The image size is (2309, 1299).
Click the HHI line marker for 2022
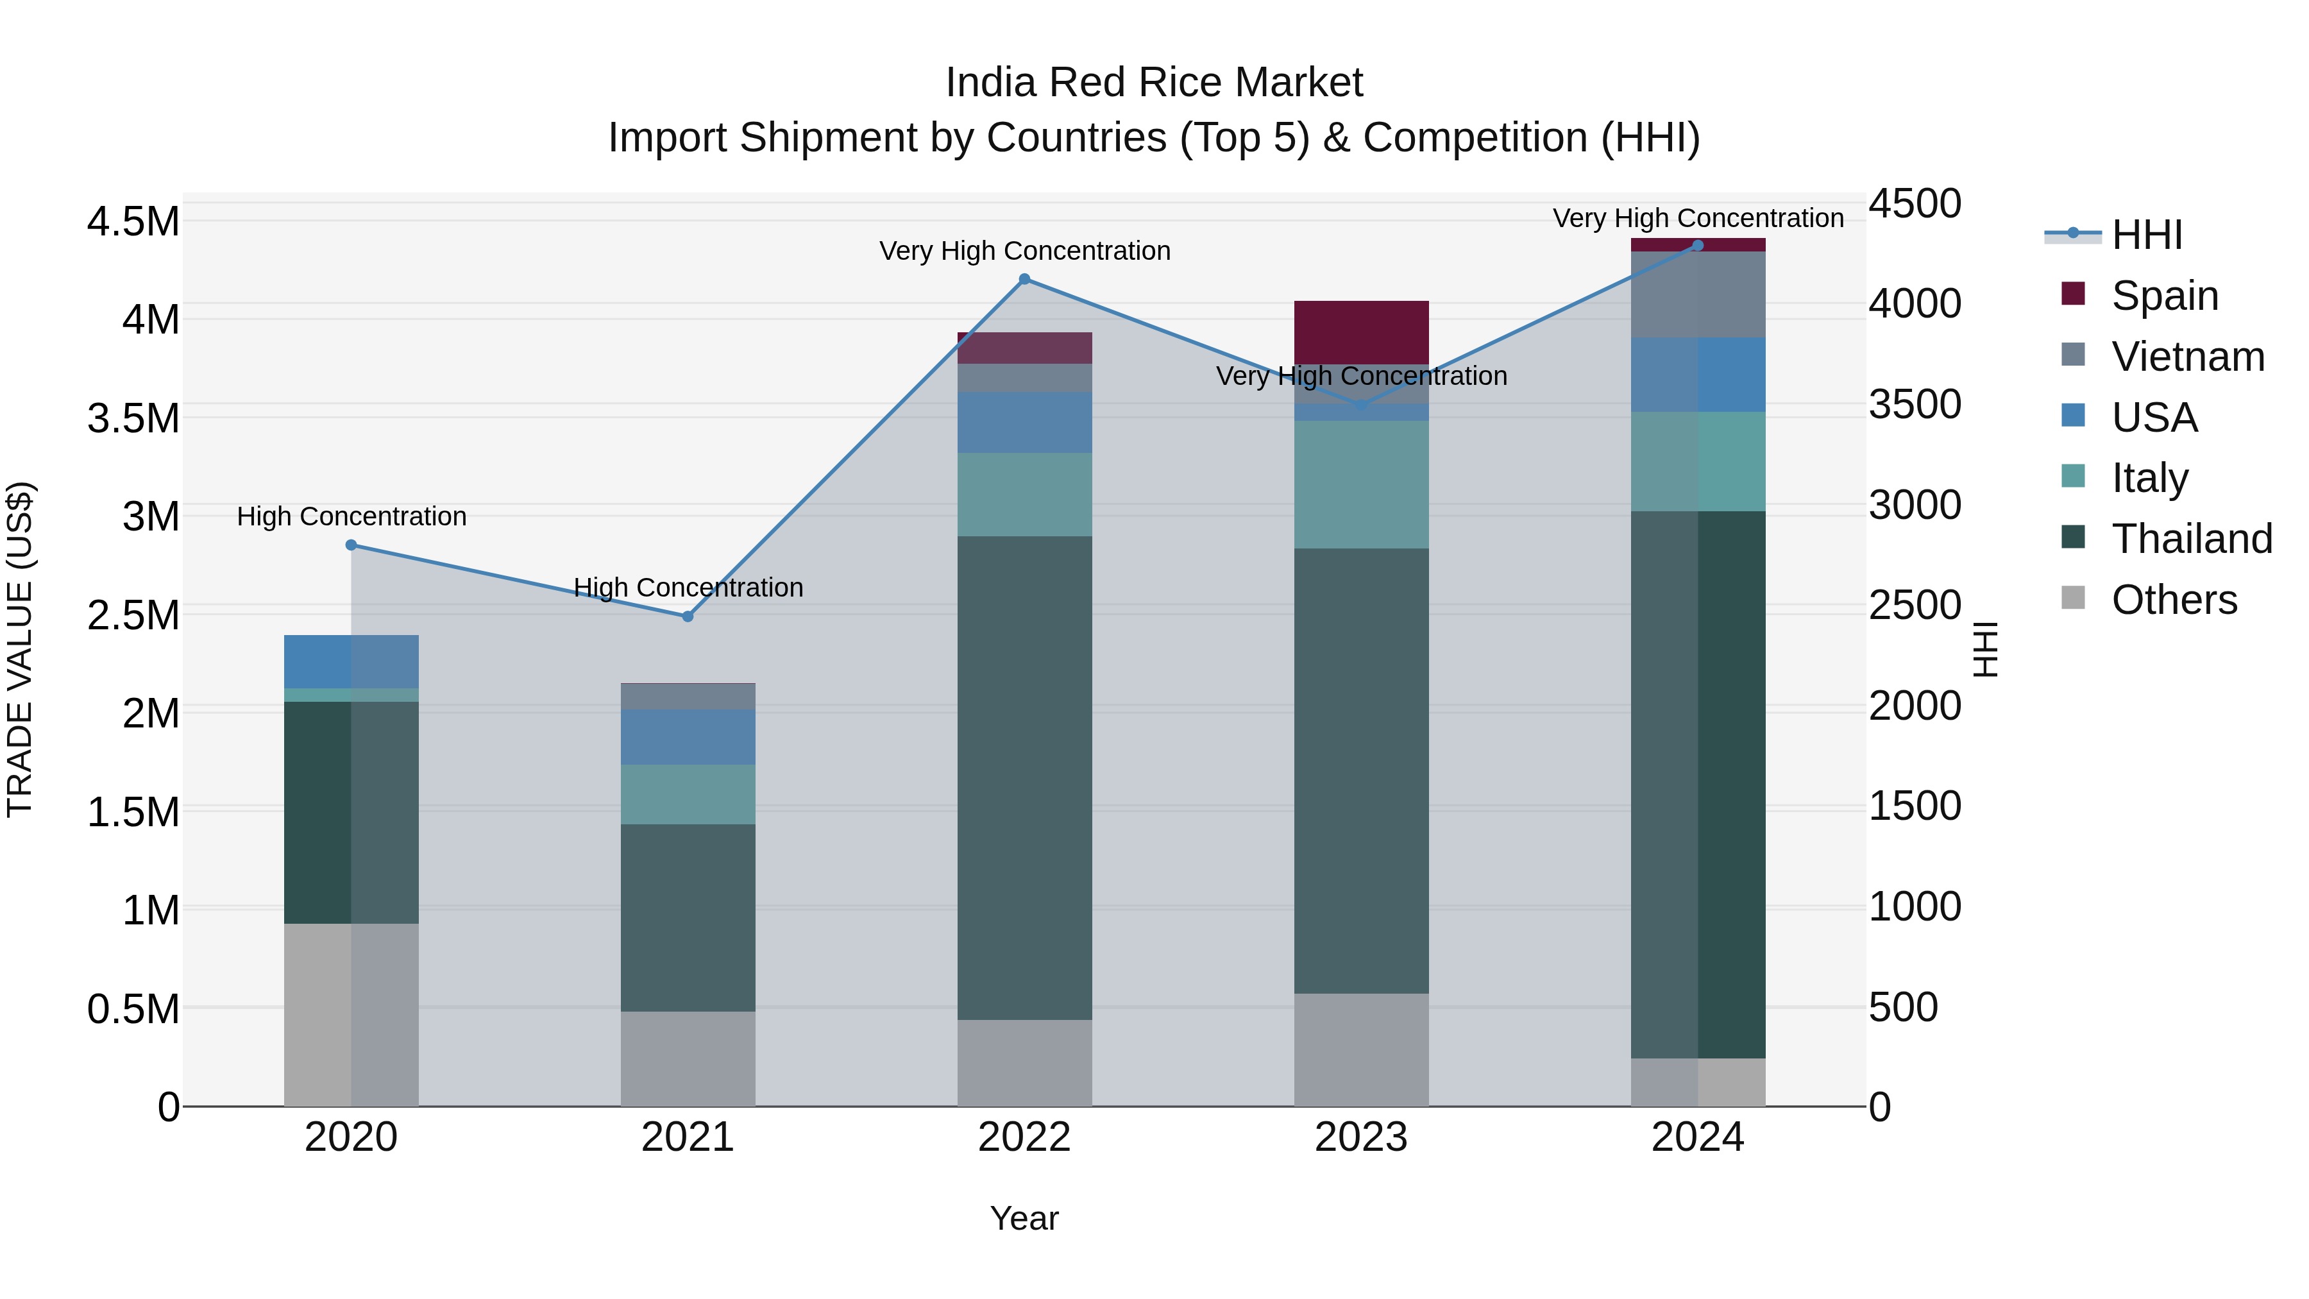point(1024,279)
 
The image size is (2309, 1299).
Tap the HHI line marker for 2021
point(688,616)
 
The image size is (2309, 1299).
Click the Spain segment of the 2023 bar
point(1360,332)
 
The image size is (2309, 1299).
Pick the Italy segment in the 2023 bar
point(1360,484)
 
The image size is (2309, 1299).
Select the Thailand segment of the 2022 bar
point(1024,777)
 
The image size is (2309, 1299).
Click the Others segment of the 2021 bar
point(688,1058)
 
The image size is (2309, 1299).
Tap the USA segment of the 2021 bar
point(688,737)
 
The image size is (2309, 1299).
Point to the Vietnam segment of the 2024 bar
point(1698,294)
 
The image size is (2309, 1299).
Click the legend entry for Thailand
point(2191,539)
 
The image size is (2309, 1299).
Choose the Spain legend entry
point(2164,296)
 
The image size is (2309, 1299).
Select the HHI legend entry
point(2146,235)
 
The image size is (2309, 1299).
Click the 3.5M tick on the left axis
point(133,419)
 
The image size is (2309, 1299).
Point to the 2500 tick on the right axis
point(1915,605)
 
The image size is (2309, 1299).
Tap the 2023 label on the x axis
point(1360,1137)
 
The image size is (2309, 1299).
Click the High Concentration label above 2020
point(351,516)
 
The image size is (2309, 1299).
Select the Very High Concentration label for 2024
point(1698,218)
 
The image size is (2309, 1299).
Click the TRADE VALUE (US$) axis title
point(20,649)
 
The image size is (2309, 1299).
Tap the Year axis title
point(1024,1218)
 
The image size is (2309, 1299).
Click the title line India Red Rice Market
point(1154,83)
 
